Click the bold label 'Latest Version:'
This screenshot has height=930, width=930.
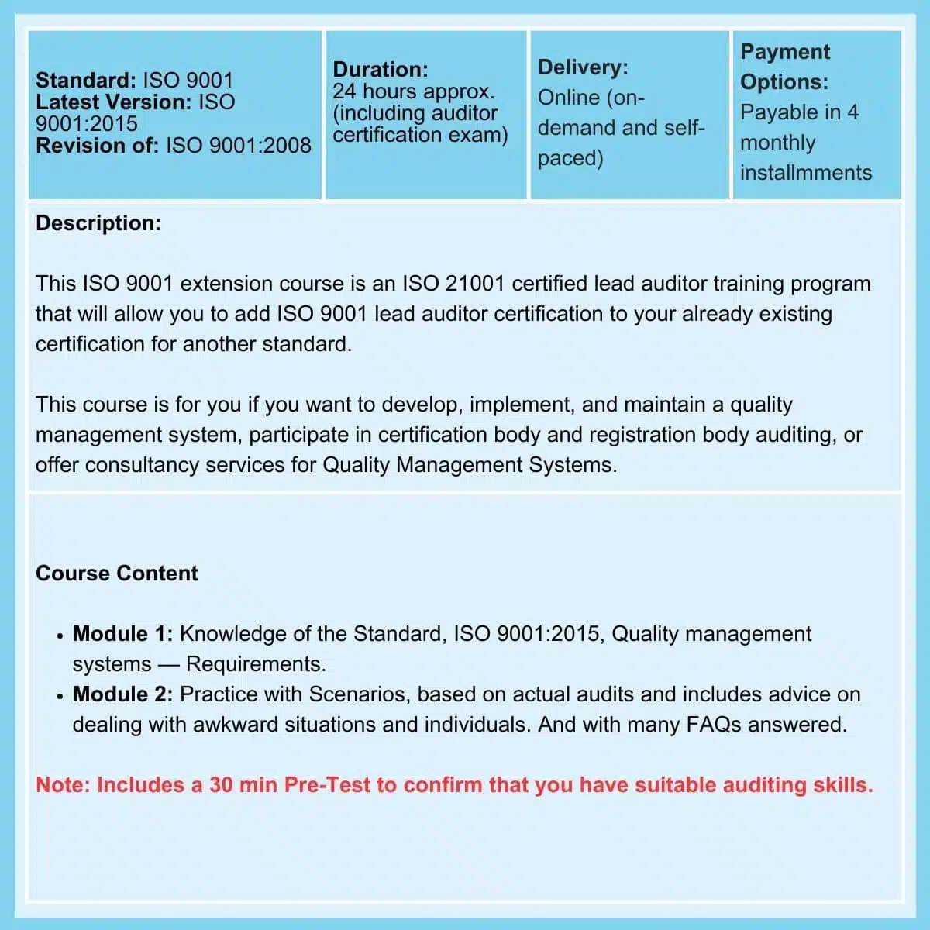pyautogui.click(x=113, y=102)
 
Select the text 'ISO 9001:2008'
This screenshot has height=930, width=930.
pyautogui.click(x=238, y=146)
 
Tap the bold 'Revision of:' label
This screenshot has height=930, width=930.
pyautogui.click(x=97, y=146)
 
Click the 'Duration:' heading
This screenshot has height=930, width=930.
pyautogui.click(x=380, y=70)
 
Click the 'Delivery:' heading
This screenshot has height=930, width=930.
pyautogui.click(x=583, y=67)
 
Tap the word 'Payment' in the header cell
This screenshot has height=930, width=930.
pyautogui.click(x=784, y=52)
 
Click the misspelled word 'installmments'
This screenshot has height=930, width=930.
pyautogui.click(x=805, y=172)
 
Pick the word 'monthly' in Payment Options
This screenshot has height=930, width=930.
pyautogui.click(x=777, y=143)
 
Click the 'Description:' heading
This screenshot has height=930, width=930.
pyautogui.click(x=98, y=223)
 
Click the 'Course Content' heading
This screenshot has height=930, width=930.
pyautogui.click(x=117, y=573)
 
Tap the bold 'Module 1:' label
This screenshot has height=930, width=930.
pyautogui.click(x=122, y=634)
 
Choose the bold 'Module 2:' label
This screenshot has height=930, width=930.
pyautogui.click(x=122, y=694)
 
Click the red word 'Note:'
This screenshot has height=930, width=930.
pyautogui.click(x=63, y=785)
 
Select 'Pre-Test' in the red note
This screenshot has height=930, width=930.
pyautogui.click(x=327, y=785)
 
